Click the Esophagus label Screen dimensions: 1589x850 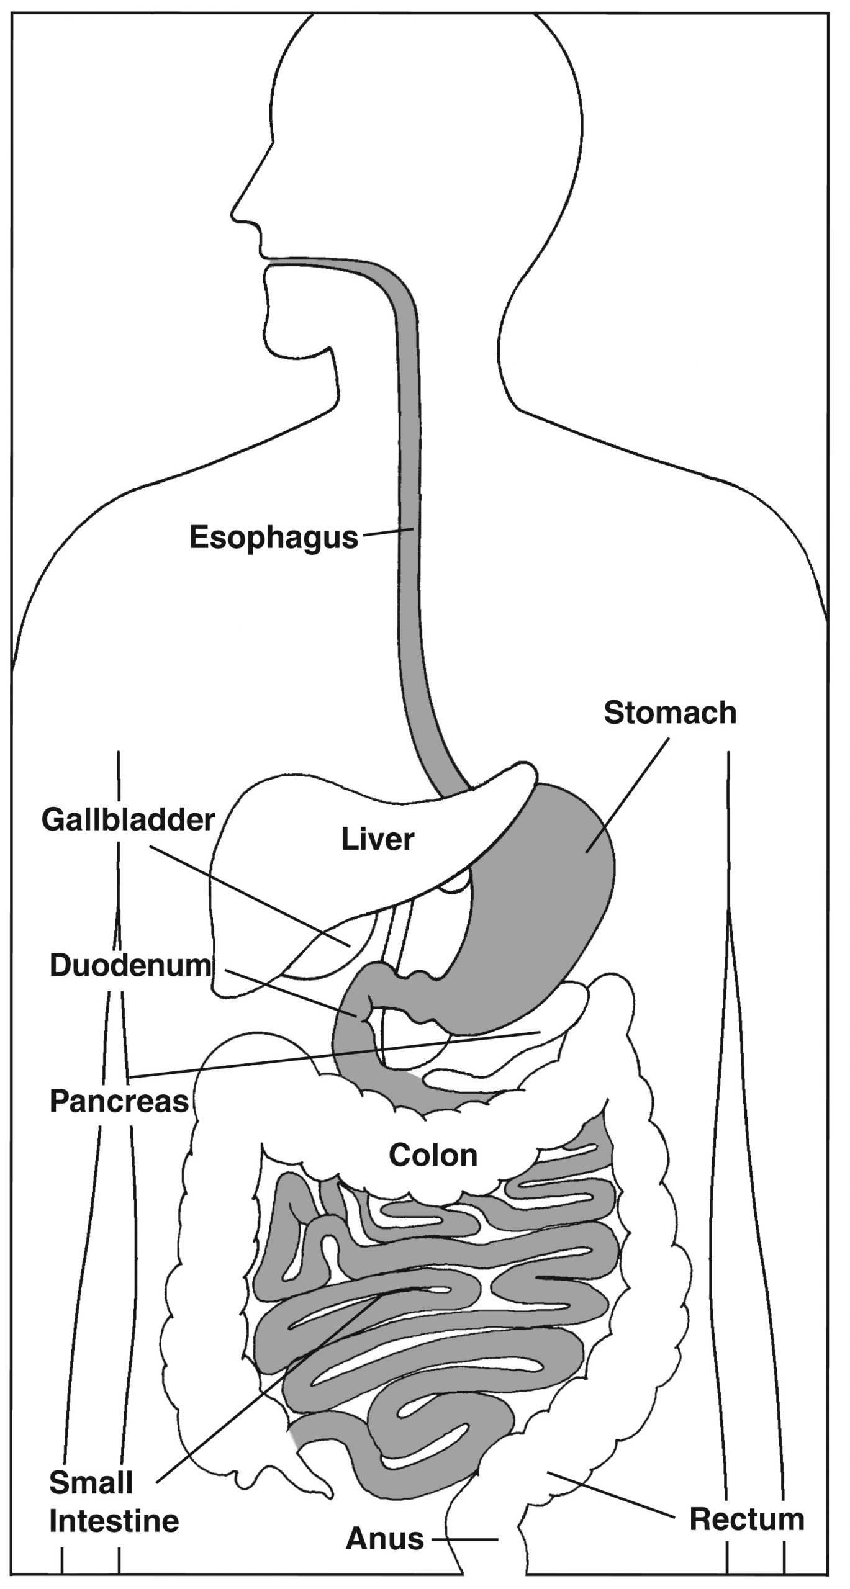pos(274,537)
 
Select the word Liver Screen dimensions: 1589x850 pos(377,840)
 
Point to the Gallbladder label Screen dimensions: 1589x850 pos(128,820)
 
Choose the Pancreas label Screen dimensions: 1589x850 pos(119,1101)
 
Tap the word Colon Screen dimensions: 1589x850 pos(433,1155)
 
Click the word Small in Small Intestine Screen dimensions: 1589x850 pos(91,1483)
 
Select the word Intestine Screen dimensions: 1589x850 pos(114,1521)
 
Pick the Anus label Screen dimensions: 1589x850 pos(385,1538)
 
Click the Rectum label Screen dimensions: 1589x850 pos(747,1519)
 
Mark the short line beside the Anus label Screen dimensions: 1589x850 pos(465,1539)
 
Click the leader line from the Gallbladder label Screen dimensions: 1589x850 pos(248,894)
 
